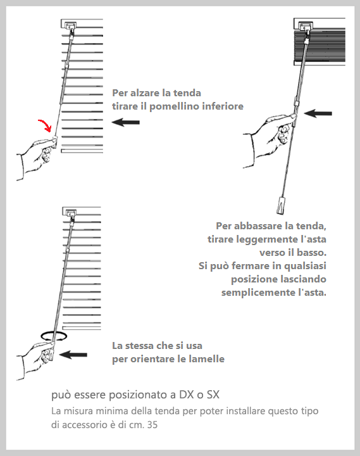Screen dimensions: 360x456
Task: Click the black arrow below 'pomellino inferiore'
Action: point(125,122)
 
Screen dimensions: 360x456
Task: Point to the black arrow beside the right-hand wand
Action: point(318,113)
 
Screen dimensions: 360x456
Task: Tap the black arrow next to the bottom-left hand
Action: point(73,355)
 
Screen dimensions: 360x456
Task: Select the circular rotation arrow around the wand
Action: point(54,339)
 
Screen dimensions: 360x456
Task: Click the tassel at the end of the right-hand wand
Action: point(280,205)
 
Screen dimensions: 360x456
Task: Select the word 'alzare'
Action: point(145,93)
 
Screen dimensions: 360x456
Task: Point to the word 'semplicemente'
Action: point(258,292)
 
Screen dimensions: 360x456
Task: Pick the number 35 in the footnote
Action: point(152,425)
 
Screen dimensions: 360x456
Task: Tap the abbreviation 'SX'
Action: point(213,395)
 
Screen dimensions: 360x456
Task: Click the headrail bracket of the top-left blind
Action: point(70,25)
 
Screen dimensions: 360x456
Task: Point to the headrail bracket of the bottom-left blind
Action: point(71,213)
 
